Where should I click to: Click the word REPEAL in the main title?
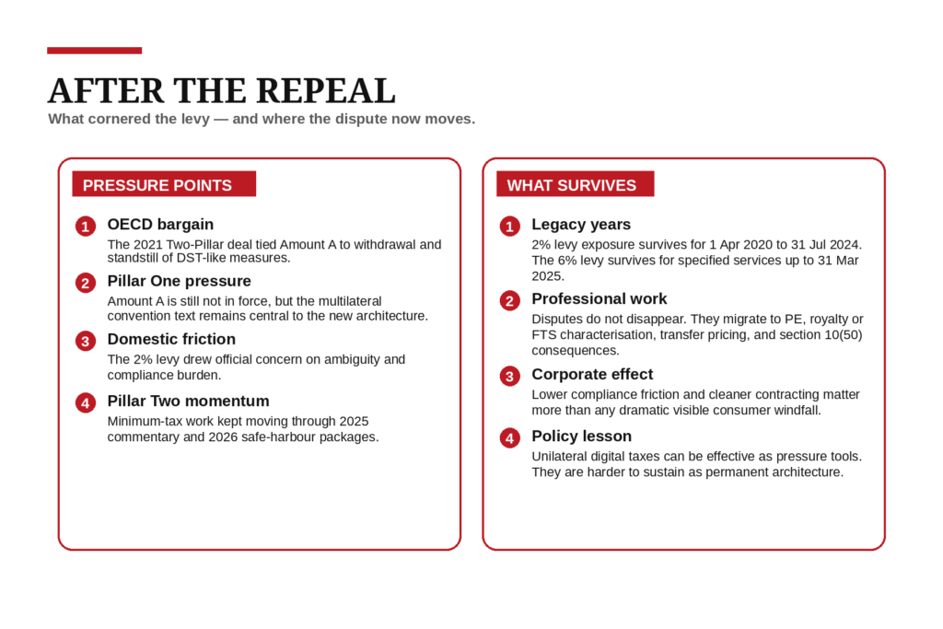[x=325, y=90]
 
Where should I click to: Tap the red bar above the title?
[x=94, y=51]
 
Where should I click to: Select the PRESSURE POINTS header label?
[x=157, y=185]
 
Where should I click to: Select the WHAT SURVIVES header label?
[x=571, y=185]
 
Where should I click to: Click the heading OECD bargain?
[x=160, y=224]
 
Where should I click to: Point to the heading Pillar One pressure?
[x=179, y=281]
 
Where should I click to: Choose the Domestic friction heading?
[x=171, y=339]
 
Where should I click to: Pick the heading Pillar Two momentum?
[x=188, y=401]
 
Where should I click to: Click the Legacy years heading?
[x=581, y=224]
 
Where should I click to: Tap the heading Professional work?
[x=599, y=298]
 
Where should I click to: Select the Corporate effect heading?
[x=592, y=374]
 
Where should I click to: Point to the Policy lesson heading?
[x=581, y=436]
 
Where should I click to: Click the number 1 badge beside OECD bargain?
[x=86, y=227]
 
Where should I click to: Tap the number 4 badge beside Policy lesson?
[x=509, y=438]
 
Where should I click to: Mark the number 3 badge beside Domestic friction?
[x=86, y=342]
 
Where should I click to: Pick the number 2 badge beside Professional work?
[x=509, y=301]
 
